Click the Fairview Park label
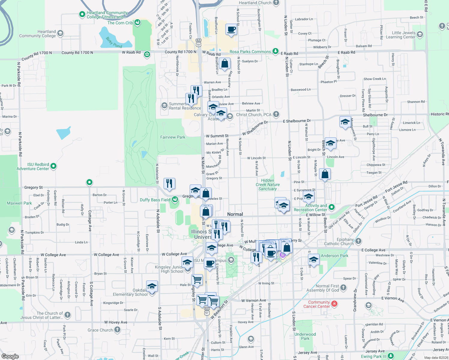click(173, 137)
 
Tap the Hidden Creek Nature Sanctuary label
click(267, 184)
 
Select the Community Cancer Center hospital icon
click(334, 304)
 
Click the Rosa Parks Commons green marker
click(275, 51)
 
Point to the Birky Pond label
click(114, 42)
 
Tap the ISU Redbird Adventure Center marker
click(53, 166)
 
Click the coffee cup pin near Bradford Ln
click(231, 29)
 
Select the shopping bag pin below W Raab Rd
click(224, 64)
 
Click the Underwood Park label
click(305, 336)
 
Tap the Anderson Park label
click(335, 256)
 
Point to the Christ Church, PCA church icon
click(276, 114)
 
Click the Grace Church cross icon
click(117, 330)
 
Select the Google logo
click(10, 356)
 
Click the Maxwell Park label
click(19, 203)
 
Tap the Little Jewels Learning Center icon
click(420, 34)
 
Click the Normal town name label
click(235, 214)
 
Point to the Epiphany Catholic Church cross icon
click(358, 241)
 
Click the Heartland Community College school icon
click(60, 33)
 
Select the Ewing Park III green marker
click(390, 356)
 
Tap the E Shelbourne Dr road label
click(297, 121)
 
